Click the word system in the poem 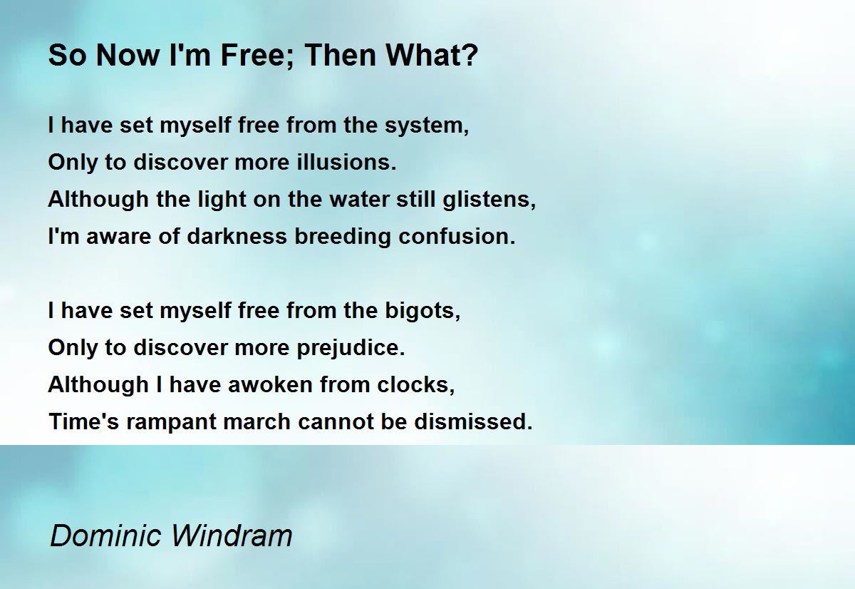click(427, 126)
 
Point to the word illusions click(346, 162)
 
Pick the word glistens click(489, 200)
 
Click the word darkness click(237, 237)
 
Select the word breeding click(343, 237)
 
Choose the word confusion click(457, 237)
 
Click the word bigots click(423, 311)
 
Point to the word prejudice click(351, 349)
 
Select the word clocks click(416, 384)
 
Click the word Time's click(84, 421)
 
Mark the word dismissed click(473, 421)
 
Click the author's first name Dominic click(105, 536)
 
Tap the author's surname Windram click(232, 536)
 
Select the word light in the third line click(222, 200)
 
